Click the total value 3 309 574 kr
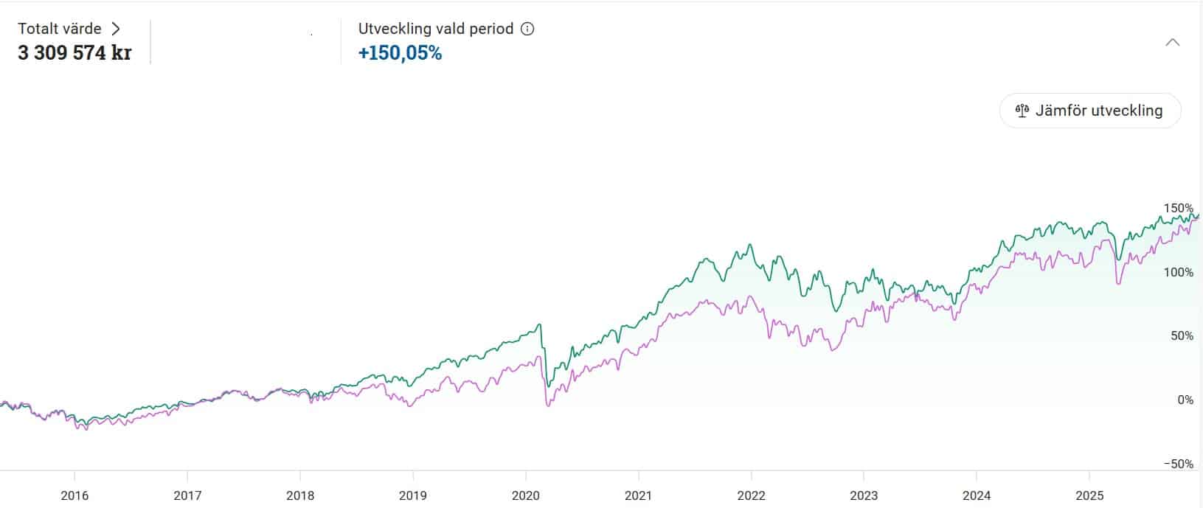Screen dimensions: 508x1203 [x=74, y=53]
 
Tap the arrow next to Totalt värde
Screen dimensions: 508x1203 [x=116, y=29]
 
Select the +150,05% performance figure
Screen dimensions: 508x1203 [x=400, y=53]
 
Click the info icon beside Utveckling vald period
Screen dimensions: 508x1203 [x=527, y=29]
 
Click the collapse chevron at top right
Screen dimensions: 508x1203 [x=1172, y=43]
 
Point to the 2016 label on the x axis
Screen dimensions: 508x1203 [x=74, y=495]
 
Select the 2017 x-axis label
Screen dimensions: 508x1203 [x=187, y=495]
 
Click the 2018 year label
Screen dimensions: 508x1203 [x=300, y=495]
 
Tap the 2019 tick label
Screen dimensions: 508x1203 [x=413, y=495]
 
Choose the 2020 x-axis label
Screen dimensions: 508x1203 [x=526, y=495]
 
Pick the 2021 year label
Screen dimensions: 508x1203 [x=639, y=495]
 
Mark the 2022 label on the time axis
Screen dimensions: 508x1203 [x=752, y=495]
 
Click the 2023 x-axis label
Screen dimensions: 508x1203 [x=864, y=495]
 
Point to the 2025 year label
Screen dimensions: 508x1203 [x=1089, y=495]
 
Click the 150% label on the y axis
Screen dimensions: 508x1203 [x=1178, y=209]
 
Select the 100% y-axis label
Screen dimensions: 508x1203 [x=1178, y=273]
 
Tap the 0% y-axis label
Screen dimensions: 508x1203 [x=1185, y=400]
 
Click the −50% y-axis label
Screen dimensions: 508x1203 [x=1178, y=464]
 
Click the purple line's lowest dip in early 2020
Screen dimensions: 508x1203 [x=547, y=405]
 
